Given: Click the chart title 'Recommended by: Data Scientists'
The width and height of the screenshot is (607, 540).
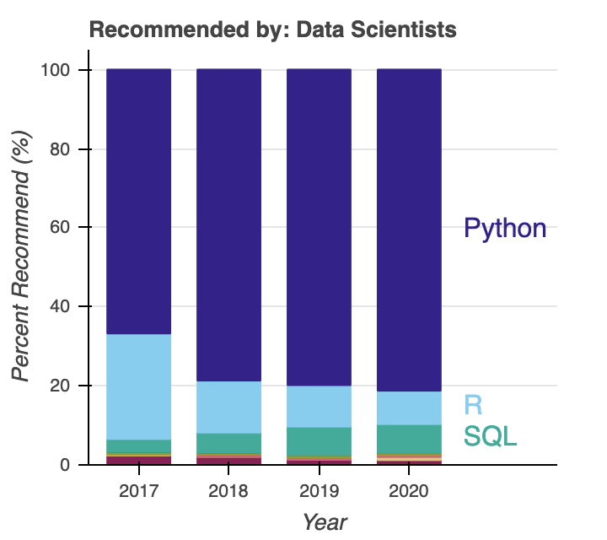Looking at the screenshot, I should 272,30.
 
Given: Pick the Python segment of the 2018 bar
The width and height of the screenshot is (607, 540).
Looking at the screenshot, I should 228,224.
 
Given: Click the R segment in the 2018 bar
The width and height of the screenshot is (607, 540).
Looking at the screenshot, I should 228,408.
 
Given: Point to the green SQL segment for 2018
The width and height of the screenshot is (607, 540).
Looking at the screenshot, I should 228,444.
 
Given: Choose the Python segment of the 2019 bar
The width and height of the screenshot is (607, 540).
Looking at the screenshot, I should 320,227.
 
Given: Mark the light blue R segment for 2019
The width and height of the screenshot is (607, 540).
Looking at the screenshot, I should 320,407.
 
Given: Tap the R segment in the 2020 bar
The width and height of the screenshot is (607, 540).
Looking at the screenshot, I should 409,408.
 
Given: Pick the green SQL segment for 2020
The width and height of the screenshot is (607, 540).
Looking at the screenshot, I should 409,439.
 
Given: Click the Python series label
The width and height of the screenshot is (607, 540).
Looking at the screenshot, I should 505,228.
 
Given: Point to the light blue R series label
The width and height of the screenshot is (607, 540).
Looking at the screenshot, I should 474,405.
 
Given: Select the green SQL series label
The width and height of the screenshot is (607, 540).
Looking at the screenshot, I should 490,436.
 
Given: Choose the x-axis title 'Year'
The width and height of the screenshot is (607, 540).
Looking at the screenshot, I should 325,521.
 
